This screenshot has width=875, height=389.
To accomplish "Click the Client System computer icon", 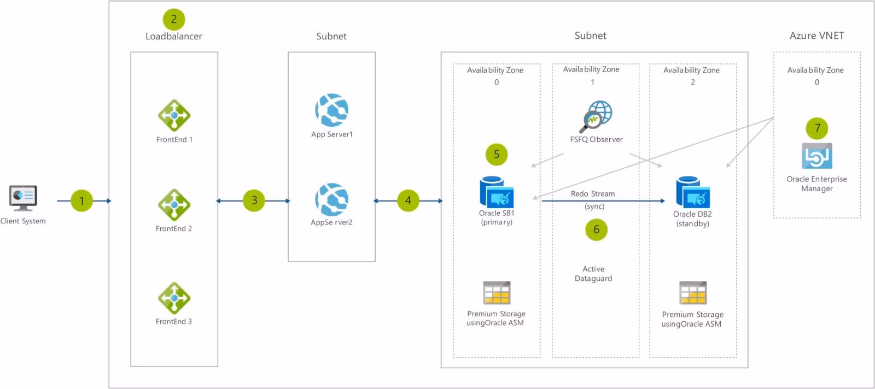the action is (23, 198).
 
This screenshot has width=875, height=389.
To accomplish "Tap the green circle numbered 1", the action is (81, 201).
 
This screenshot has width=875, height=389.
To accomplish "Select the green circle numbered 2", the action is (174, 19).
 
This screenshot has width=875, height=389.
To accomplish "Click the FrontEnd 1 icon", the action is (174, 115).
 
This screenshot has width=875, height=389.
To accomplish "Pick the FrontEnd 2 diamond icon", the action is (174, 205).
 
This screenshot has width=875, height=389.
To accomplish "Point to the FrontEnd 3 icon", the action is (174, 298).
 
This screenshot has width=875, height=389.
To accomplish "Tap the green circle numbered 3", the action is (254, 201).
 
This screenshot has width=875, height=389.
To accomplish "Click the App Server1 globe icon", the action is (331, 110).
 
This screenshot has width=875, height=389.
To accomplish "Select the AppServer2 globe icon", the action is (331, 199).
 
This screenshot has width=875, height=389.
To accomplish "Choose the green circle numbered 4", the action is (408, 201).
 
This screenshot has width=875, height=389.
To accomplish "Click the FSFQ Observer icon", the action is (596, 117).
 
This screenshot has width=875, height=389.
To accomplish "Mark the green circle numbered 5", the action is (497, 155).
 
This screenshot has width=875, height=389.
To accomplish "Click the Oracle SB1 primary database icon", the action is (497, 192).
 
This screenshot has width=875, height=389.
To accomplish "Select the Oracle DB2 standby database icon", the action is (693, 192).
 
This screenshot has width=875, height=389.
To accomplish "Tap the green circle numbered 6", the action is (596, 229).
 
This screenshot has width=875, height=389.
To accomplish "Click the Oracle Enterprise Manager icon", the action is (817, 156).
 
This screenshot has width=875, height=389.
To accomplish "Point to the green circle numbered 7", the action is (817, 128).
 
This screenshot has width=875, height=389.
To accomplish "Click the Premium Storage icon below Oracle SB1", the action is (497, 293).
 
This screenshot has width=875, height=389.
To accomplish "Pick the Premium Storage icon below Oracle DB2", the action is (693, 293).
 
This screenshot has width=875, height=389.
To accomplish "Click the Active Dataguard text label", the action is (593, 274).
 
